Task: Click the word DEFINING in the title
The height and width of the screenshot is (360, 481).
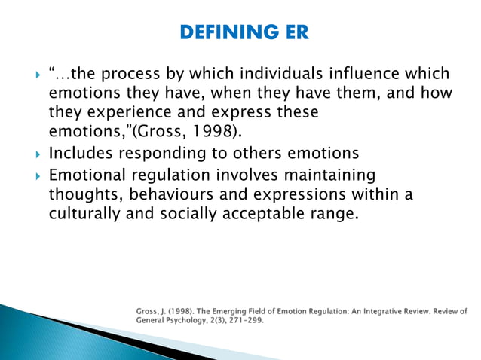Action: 216,32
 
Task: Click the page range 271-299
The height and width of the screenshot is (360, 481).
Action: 247,319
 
